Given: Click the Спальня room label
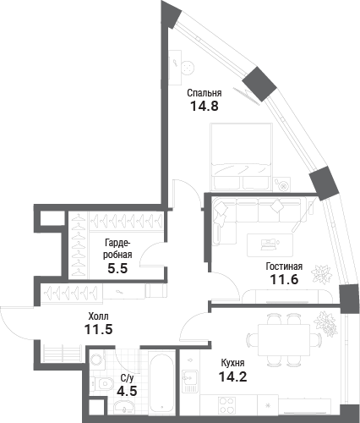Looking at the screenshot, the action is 205,93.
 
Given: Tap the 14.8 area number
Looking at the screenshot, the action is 205,107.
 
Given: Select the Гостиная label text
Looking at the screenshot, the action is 284,266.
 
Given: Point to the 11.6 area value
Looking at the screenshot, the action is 284,279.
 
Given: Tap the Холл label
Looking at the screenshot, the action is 98,316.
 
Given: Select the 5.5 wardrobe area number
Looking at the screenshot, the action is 117,268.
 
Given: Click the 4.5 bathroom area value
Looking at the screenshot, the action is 127,391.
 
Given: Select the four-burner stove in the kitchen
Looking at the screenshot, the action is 227,405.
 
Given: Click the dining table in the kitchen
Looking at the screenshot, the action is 284,340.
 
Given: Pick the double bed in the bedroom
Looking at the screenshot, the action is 242,157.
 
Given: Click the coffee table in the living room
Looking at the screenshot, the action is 270,245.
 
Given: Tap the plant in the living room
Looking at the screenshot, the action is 321,273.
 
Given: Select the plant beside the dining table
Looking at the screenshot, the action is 326,324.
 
